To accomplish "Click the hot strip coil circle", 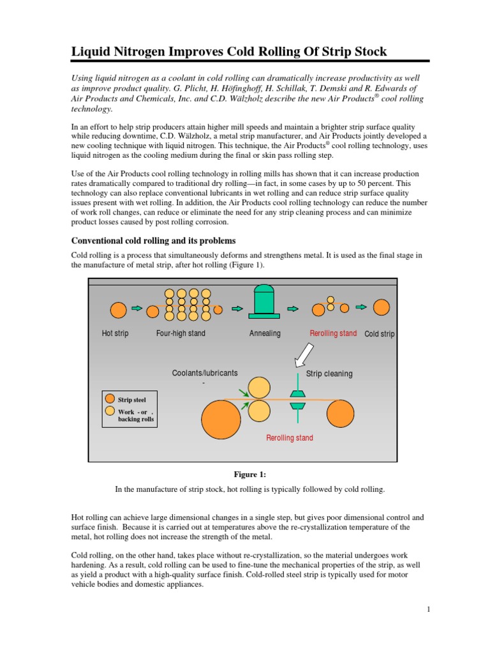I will pyautogui.click(x=118, y=310).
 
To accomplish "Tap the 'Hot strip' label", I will pyautogui.click(x=115, y=334).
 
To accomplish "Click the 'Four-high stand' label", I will pyautogui.click(x=181, y=334).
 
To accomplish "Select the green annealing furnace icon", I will pyautogui.click(x=264, y=300).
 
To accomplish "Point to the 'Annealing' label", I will pyautogui.click(x=265, y=334).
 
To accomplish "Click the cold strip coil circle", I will pyautogui.click(x=382, y=307).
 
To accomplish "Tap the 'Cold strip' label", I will pyautogui.click(x=379, y=334).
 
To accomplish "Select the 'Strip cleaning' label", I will pyautogui.click(x=329, y=374).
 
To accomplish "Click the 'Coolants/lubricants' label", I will pyautogui.click(x=205, y=373).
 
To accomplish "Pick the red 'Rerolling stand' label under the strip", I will pyautogui.click(x=290, y=438).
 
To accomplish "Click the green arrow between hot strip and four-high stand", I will pyautogui.click(x=137, y=308).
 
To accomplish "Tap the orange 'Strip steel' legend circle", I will pyautogui.click(x=110, y=399).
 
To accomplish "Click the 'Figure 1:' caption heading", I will pyautogui.click(x=245, y=475).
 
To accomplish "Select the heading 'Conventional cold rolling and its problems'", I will pyautogui.click(x=153, y=241).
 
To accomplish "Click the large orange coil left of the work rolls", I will pyautogui.click(x=221, y=418).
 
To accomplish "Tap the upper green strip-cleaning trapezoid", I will pyautogui.click(x=297, y=394).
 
